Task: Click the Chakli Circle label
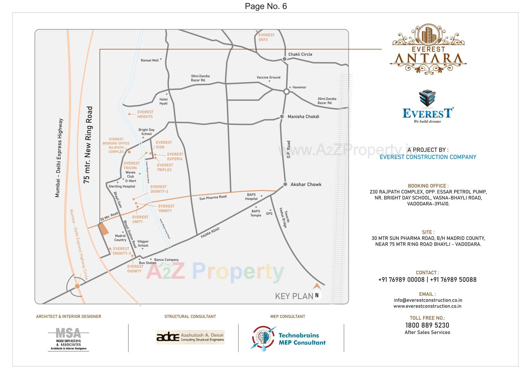300,54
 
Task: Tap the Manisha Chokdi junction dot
282,117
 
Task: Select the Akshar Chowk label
306,184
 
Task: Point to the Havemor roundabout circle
287,92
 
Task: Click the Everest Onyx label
266,37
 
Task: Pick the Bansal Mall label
150,60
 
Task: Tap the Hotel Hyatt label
163,101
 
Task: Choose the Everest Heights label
145,114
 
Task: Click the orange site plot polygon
104,229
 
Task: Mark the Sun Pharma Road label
213,197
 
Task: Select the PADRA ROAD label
210,233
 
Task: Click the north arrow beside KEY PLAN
317,287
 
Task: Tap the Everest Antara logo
428,50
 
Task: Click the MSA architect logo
68,339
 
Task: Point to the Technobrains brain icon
263,338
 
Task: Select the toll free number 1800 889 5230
427,325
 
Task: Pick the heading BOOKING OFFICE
428,186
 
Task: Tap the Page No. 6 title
266,6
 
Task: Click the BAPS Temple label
256,213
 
